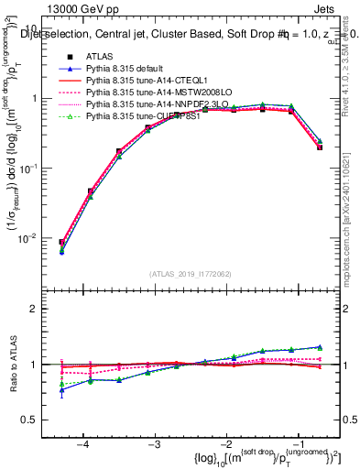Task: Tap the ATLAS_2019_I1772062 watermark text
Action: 191,274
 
